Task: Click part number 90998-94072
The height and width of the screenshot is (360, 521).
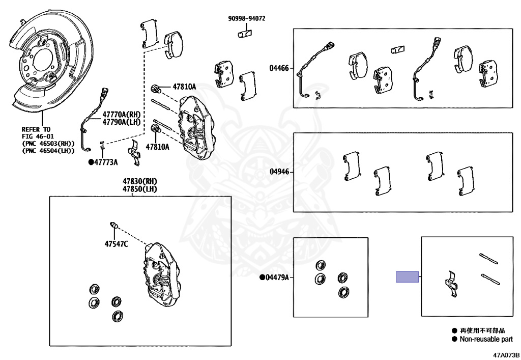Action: [x=246, y=18]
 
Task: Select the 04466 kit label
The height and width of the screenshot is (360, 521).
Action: [x=279, y=68]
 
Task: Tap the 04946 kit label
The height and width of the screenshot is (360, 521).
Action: [x=279, y=172]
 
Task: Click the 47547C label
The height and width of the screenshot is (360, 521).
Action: [x=117, y=244]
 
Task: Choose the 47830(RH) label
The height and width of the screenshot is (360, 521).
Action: [x=139, y=181]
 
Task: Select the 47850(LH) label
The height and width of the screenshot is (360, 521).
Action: [x=139, y=189]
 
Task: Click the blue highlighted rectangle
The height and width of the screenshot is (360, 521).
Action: [x=408, y=277]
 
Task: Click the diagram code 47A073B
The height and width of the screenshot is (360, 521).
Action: [x=505, y=354]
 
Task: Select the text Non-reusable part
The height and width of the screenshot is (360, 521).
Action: [x=486, y=339]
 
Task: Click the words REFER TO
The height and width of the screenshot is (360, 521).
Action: [x=36, y=130]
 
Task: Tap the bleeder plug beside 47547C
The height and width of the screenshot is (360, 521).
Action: [x=114, y=226]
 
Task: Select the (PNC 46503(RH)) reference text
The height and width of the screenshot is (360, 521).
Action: [x=48, y=144]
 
